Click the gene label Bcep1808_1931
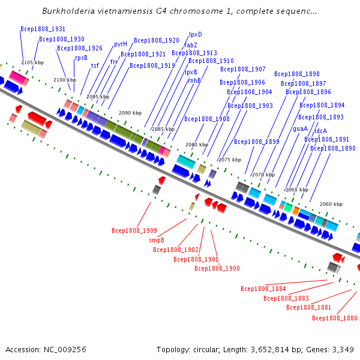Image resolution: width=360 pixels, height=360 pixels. (x=43, y=29)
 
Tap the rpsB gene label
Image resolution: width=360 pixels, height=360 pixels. (x=81, y=58)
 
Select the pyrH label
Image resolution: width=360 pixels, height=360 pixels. (x=121, y=44)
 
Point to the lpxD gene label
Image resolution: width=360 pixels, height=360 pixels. (x=196, y=34)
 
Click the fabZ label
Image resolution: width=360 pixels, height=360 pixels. (x=191, y=45)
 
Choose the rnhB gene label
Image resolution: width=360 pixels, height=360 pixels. (x=194, y=80)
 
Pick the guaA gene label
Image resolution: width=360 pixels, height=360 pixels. (x=301, y=128)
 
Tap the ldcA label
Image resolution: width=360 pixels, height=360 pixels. (x=320, y=131)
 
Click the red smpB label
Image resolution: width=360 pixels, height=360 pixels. (x=157, y=240)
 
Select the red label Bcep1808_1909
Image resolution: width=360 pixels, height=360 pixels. (x=134, y=230)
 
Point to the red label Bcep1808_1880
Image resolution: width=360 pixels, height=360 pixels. (x=335, y=318)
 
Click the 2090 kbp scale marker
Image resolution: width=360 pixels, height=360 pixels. (x=130, y=113)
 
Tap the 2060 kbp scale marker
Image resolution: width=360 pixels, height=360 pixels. (x=331, y=204)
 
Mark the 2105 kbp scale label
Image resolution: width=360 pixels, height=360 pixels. (x=32, y=62)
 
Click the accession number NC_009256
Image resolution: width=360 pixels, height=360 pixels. (x=65, y=350)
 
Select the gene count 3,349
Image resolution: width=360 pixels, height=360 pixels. (x=343, y=350)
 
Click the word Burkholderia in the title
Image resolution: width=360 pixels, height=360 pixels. (x=68, y=11)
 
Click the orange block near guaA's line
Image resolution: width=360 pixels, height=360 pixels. (x=296, y=211)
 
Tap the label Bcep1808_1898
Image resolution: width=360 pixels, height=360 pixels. (x=297, y=74)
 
